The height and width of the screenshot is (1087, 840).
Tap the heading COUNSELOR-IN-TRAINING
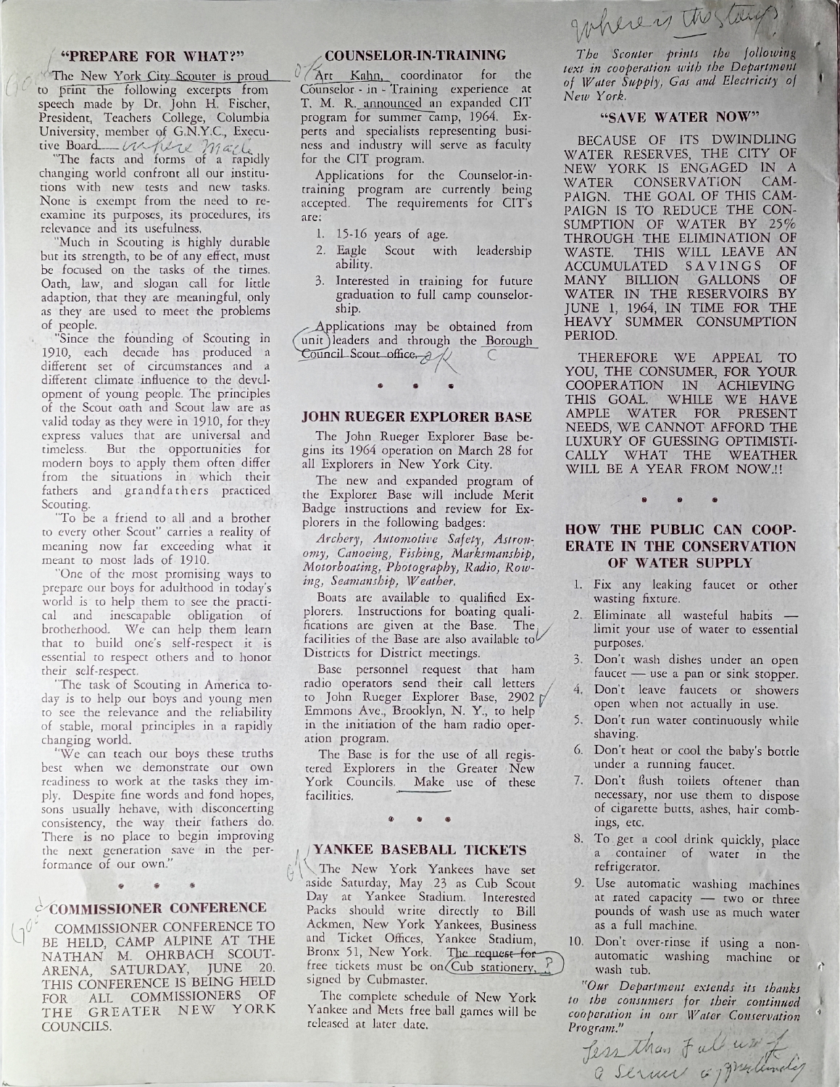click(x=415, y=54)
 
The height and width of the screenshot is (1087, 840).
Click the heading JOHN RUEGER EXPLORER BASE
click(x=417, y=417)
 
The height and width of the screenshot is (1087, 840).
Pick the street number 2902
click(x=517, y=697)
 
